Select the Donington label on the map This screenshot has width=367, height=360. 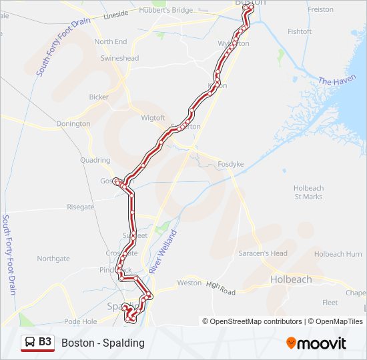[x=73, y=124]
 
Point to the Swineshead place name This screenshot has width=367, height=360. [x=119, y=59]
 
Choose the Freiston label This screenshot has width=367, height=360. [x=320, y=9]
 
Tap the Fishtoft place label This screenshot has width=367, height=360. [x=300, y=31]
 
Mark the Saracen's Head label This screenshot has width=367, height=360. [x=263, y=253]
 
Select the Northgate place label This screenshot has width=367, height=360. [x=53, y=259]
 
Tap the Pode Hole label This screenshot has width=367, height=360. [x=81, y=321]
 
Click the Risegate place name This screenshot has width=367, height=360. [x=81, y=207]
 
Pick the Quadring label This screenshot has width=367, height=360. [x=95, y=161]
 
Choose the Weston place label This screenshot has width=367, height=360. [x=189, y=283]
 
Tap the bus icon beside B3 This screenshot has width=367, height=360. [x=30, y=343]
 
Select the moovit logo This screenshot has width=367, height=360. [x=316, y=343]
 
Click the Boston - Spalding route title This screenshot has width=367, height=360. [x=103, y=343]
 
